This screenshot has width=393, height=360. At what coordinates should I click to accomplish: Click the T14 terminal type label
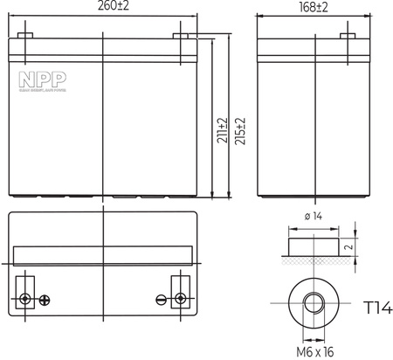point(376,307)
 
